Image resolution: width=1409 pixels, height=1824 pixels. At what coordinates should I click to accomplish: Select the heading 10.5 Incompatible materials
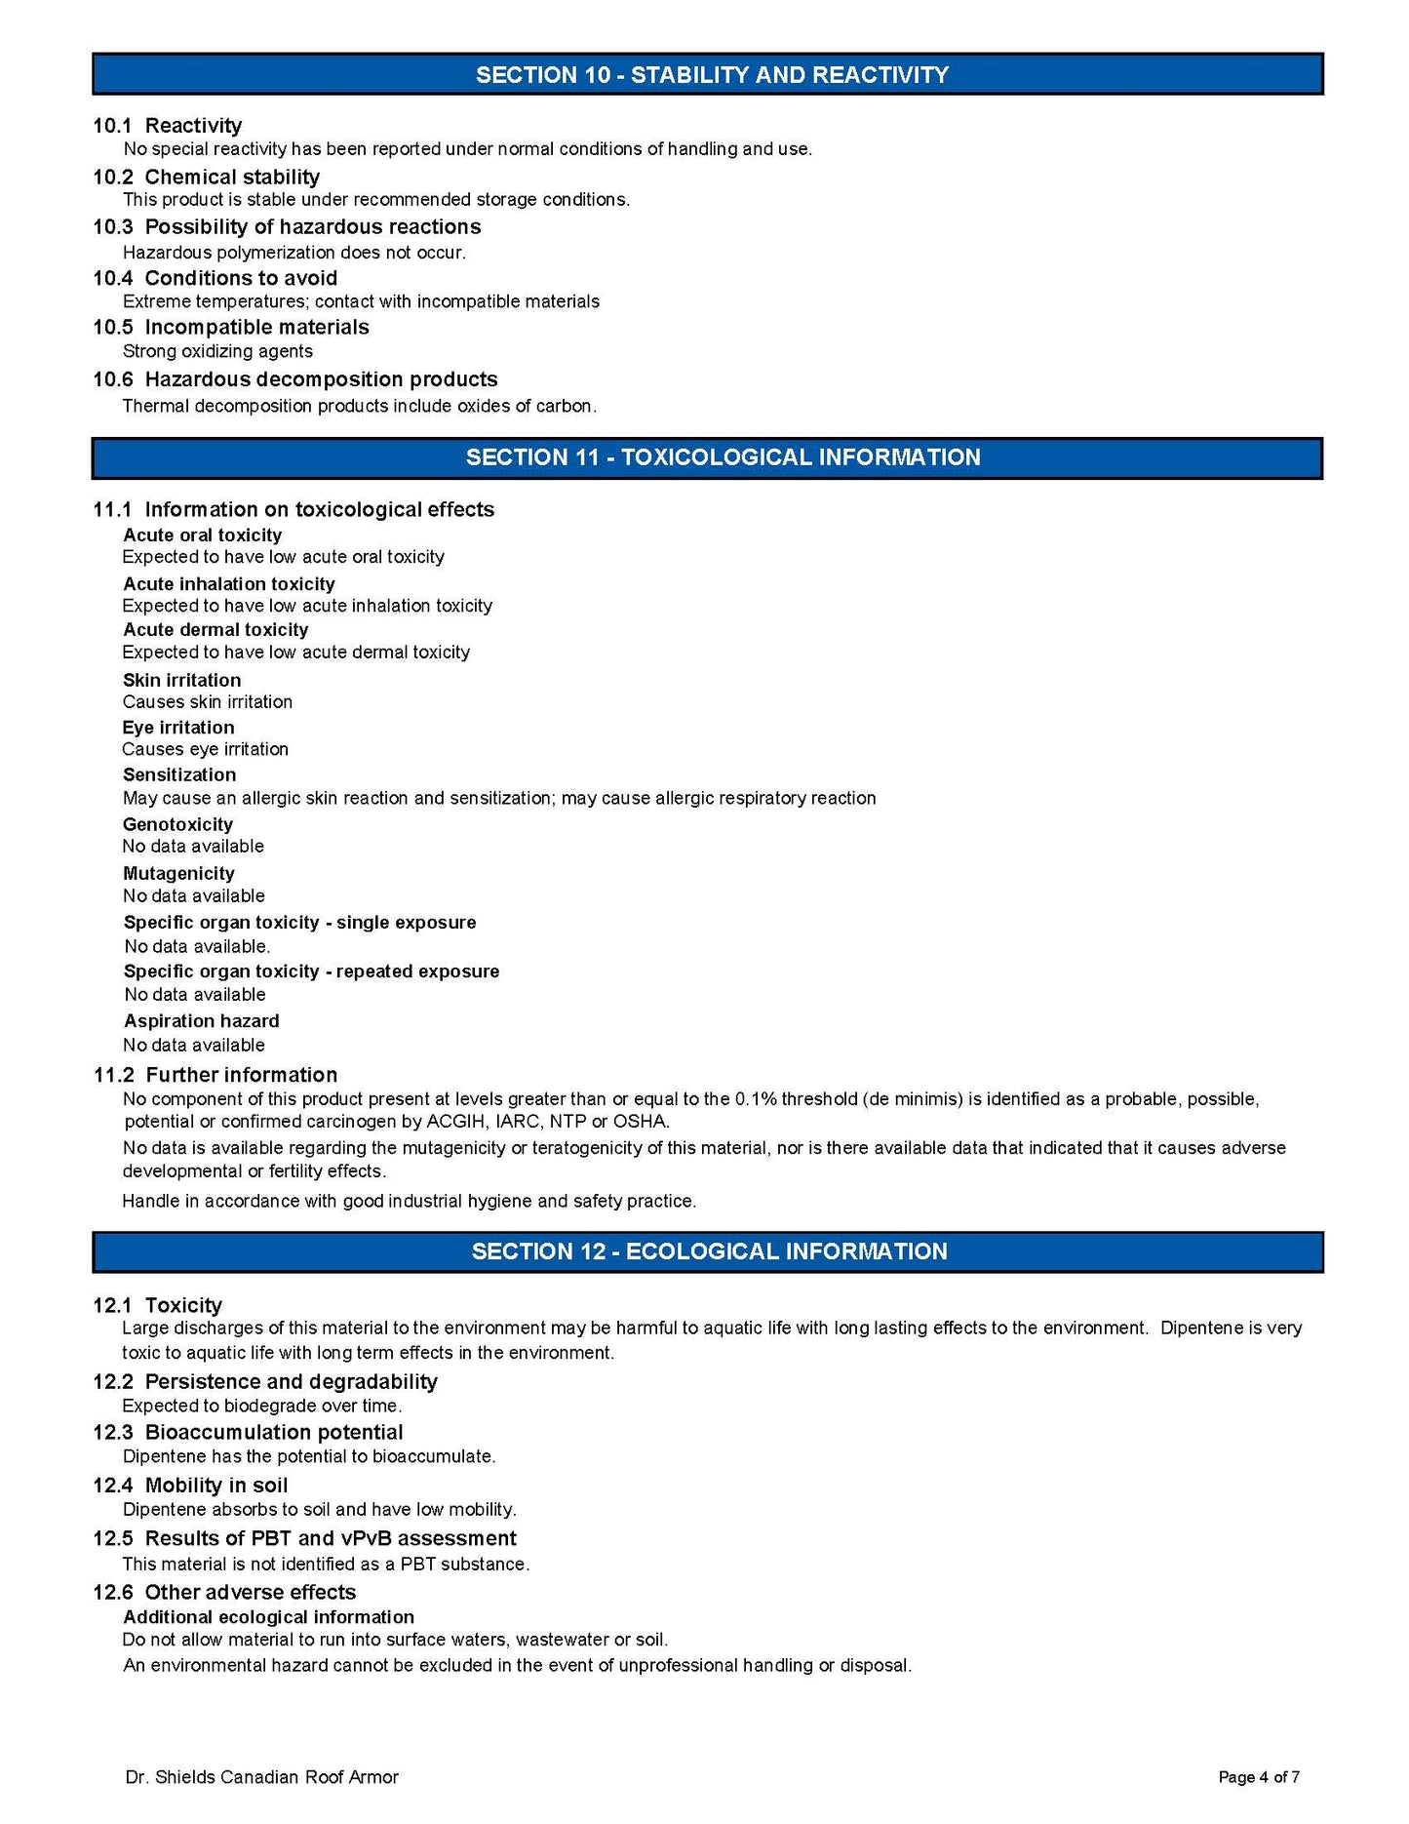pyautogui.click(x=231, y=328)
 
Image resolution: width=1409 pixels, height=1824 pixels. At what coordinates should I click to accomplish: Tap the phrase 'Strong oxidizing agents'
pyautogui.click(x=217, y=351)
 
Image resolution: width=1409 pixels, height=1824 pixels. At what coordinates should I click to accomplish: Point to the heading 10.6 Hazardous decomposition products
pyautogui.click(x=294, y=379)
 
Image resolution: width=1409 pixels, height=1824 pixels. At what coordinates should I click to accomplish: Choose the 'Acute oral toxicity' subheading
pyautogui.click(x=202, y=535)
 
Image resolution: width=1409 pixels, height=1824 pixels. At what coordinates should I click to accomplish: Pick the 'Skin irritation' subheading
pyautogui.click(x=181, y=680)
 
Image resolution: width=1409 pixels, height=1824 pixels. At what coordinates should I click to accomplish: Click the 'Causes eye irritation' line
pyautogui.click(x=205, y=749)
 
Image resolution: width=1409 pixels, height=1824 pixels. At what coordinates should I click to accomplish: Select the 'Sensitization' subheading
pyautogui.click(x=179, y=775)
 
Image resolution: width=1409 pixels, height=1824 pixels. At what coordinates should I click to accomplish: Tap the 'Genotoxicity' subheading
pyautogui.click(x=177, y=825)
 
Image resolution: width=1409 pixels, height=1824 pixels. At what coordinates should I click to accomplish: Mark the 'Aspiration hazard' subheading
pyautogui.click(x=201, y=1021)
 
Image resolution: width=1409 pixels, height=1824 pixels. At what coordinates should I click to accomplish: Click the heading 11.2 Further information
pyautogui.click(x=215, y=1075)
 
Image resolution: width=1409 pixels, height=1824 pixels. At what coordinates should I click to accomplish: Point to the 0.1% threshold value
pyautogui.click(x=756, y=1099)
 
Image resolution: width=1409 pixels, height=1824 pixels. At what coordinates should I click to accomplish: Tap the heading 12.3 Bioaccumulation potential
pyautogui.click(x=248, y=1432)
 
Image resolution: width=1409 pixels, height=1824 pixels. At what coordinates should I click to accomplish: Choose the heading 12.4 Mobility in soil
pyautogui.click(x=190, y=1486)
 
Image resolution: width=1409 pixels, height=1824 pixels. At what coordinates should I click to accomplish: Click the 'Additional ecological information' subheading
pyautogui.click(x=268, y=1617)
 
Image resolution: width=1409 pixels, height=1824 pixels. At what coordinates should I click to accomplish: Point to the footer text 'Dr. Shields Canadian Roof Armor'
pyautogui.click(x=261, y=1777)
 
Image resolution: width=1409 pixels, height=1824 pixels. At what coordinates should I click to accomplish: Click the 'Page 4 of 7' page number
pyautogui.click(x=1258, y=1777)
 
